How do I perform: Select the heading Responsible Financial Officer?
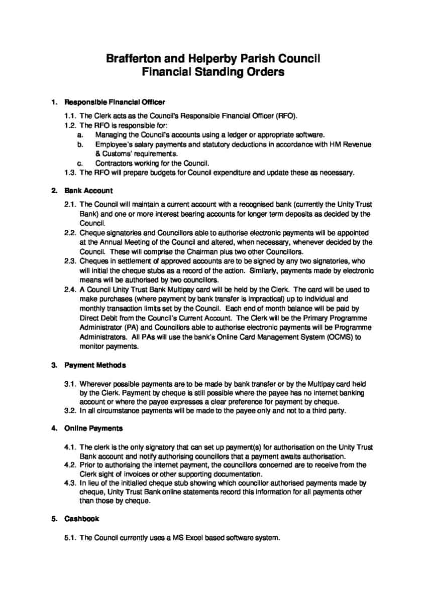[x=115, y=102]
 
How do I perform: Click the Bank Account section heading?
[x=88, y=191]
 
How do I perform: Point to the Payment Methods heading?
[x=95, y=365]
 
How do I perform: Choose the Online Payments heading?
[x=93, y=428]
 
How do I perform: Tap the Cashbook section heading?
[x=81, y=519]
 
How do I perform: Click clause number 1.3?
[x=70, y=173]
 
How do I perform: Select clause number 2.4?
[x=70, y=289]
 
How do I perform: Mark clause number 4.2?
[x=70, y=465]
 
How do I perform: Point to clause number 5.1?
[x=70, y=538]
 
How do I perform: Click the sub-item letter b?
[x=79, y=144]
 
